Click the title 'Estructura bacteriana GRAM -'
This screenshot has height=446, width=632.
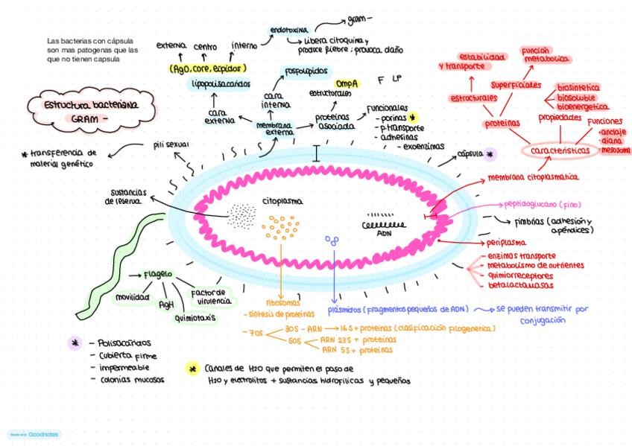tap(91, 111)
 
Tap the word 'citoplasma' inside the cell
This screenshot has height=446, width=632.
tap(282, 200)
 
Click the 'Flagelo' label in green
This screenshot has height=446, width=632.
tap(158, 274)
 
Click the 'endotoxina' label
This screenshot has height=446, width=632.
tap(288, 31)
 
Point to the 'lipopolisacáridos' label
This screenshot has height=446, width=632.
tap(221, 84)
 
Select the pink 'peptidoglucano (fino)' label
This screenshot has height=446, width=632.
tap(542, 204)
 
